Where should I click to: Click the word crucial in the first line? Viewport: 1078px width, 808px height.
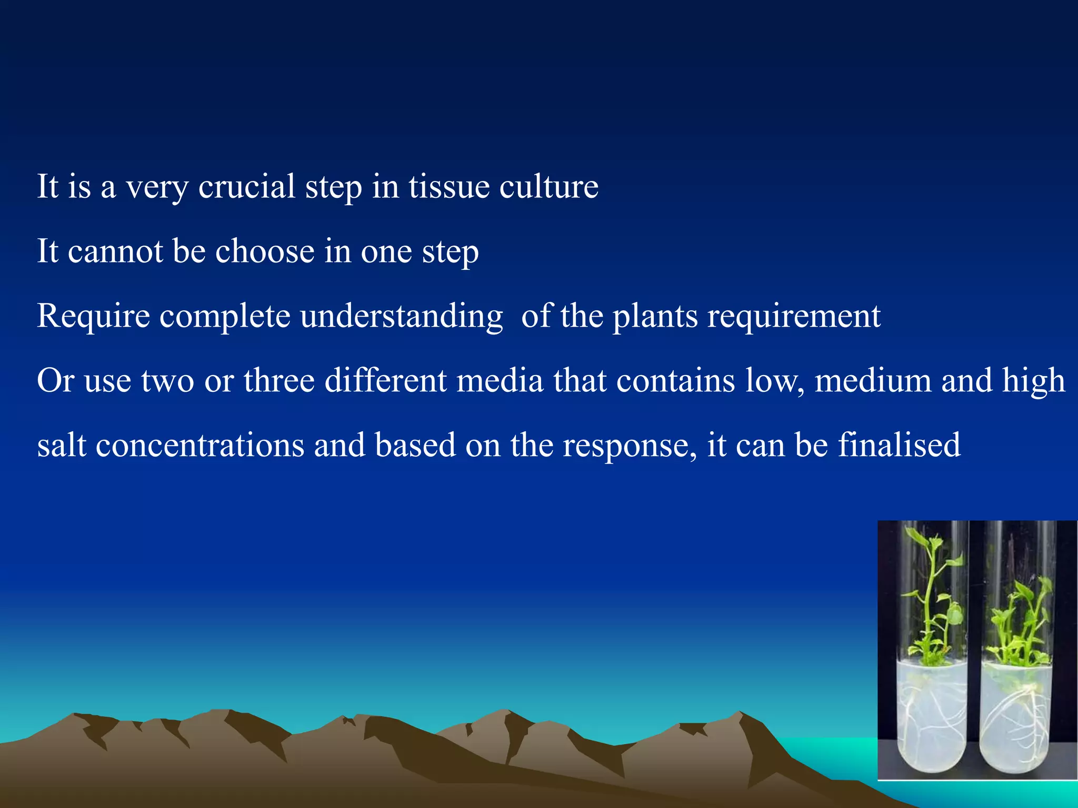(246, 186)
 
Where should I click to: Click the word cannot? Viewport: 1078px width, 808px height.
(115, 251)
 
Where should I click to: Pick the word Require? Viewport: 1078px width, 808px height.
(93, 316)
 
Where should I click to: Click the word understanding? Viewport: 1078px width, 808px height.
(402, 317)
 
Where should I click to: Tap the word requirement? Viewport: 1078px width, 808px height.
(794, 317)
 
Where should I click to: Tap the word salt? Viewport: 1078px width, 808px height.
(62, 445)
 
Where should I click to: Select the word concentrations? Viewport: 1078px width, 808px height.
(200, 445)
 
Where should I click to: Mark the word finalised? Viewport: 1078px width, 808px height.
(899, 445)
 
